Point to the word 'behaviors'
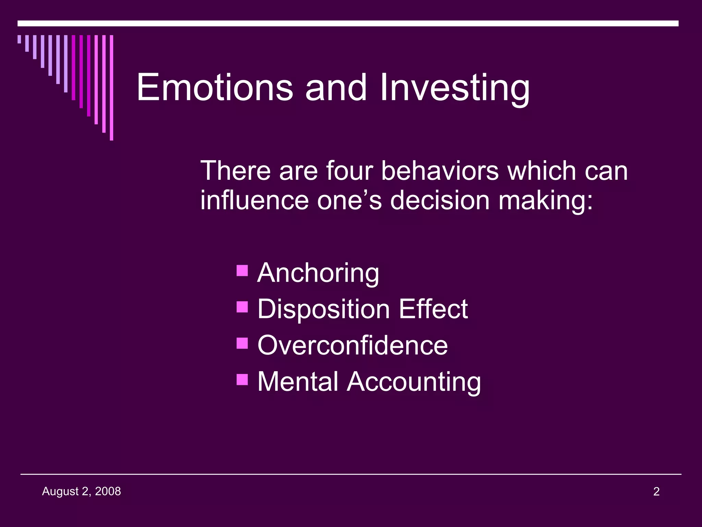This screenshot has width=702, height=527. (440, 171)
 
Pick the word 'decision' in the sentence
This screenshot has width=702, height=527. (439, 200)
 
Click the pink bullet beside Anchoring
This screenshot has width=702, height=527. (242, 270)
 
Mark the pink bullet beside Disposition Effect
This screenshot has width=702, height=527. (242, 307)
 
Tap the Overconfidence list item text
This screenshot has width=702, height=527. (352, 345)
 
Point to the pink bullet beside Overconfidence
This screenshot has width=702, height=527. (242, 343)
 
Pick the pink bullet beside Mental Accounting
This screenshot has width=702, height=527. (242, 379)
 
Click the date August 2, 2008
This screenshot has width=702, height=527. (81, 492)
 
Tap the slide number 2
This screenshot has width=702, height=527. (656, 492)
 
